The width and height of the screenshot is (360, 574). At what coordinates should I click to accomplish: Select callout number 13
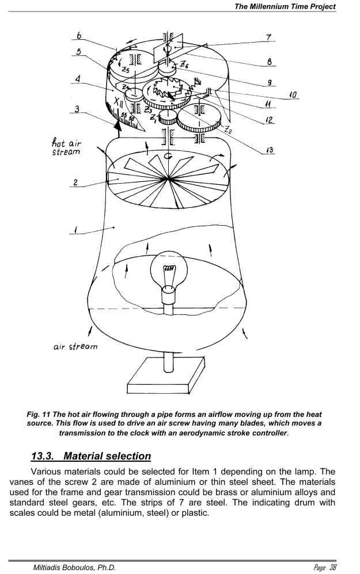tap(269, 151)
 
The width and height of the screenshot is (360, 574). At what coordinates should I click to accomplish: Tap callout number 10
tap(293, 94)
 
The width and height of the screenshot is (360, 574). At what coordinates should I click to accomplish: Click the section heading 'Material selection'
tap(107, 457)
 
